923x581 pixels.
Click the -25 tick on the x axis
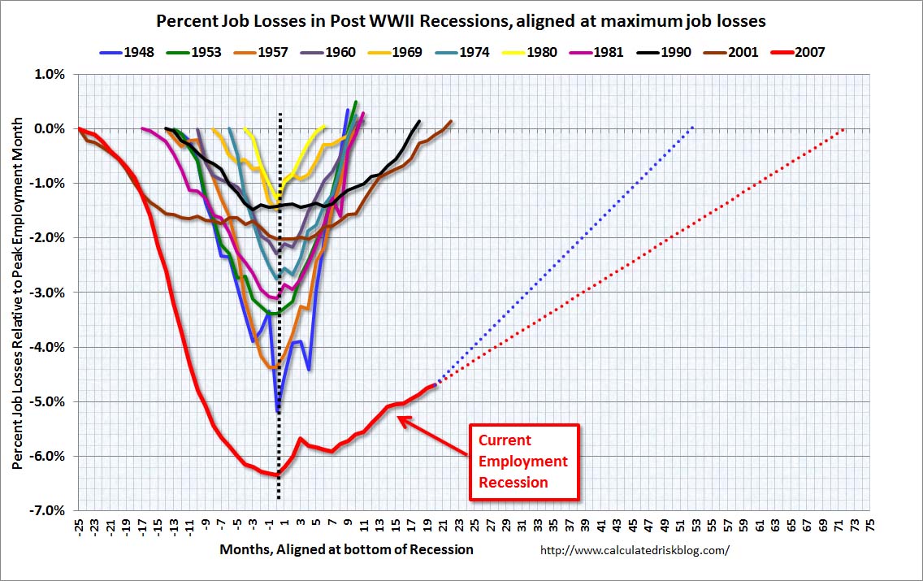click(x=79, y=525)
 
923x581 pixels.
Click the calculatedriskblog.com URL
click(x=635, y=550)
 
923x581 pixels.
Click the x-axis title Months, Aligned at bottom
click(x=346, y=549)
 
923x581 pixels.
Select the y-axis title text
click(x=16, y=293)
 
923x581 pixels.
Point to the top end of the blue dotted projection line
click(x=693, y=127)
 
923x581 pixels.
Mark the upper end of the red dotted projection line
click(x=846, y=128)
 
